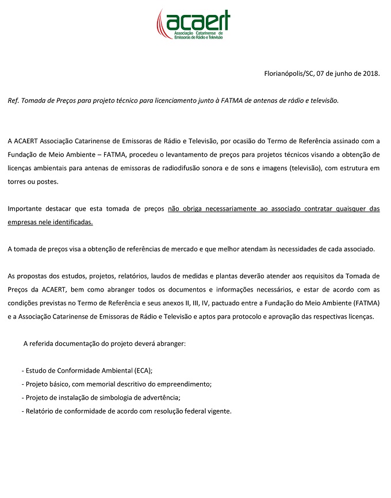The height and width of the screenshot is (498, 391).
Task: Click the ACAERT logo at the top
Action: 193,24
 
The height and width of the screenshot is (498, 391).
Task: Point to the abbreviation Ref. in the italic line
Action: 14,101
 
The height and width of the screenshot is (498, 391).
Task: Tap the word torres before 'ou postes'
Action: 18,181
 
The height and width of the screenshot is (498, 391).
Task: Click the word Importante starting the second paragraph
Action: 26,208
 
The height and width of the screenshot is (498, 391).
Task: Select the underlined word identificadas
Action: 73,222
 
